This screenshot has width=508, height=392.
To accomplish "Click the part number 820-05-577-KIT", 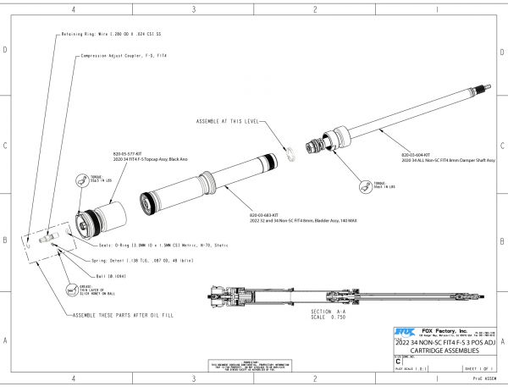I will [x=125, y=154].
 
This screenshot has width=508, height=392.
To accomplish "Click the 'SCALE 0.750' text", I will [x=314, y=318].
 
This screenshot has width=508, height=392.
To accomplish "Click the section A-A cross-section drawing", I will [x=339, y=295].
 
